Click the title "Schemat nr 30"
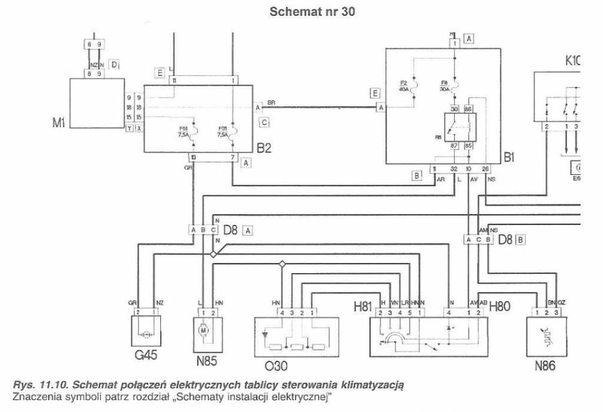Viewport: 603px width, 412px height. [312, 12]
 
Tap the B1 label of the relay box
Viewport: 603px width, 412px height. [509, 157]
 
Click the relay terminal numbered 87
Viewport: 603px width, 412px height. [455, 145]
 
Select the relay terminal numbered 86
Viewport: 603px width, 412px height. [469, 109]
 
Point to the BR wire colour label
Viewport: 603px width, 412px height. [271, 102]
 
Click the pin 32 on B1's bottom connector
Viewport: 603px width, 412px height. [454, 168]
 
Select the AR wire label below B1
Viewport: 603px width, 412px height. [439, 181]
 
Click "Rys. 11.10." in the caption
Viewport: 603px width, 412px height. [35, 384]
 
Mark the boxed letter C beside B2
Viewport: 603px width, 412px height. [264, 122]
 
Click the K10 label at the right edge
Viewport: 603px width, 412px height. [572, 59]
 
